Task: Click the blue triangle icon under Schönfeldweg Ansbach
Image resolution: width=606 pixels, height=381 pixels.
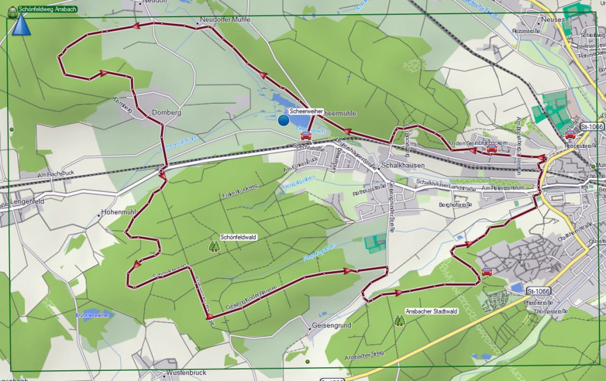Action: click(x=21, y=25)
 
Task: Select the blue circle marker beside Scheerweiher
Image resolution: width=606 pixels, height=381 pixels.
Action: click(x=283, y=121)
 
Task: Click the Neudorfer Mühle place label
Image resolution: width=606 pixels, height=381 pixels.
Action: click(x=226, y=19)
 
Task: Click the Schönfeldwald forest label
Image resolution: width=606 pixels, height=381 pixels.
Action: click(x=238, y=237)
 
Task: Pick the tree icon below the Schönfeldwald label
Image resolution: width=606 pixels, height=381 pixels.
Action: click(x=214, y=246)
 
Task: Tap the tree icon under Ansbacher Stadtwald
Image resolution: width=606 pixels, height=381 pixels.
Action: click(x=400, y=320)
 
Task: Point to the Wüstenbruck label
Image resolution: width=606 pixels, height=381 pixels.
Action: click(x=185, y=373)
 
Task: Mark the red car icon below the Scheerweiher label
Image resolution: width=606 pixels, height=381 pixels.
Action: click(x=306, y=136)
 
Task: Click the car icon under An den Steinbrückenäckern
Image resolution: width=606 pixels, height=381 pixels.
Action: click(x=492, y=149)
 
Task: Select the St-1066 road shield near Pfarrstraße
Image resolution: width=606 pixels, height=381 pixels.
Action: click(x=538, y=291)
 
